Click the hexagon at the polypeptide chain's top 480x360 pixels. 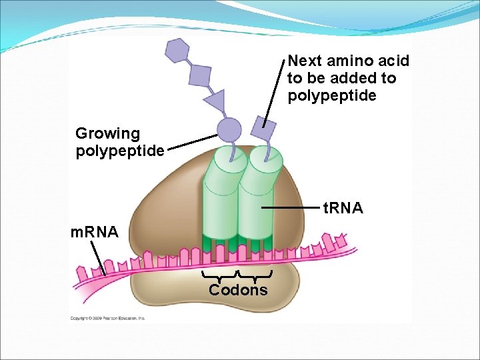177,50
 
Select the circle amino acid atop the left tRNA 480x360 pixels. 229,129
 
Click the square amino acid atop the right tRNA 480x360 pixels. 264,127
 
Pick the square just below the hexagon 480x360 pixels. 199,75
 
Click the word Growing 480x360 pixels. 108,134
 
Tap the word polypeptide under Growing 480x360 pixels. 120,151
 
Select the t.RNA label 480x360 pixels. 343,209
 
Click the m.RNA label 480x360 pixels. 95,233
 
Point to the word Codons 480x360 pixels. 238,290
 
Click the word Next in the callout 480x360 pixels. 305,61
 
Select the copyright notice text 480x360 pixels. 108,318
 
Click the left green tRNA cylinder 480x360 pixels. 219,200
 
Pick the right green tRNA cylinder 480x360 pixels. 259,200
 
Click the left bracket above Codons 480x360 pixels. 220,276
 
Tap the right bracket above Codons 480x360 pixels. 256,276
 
